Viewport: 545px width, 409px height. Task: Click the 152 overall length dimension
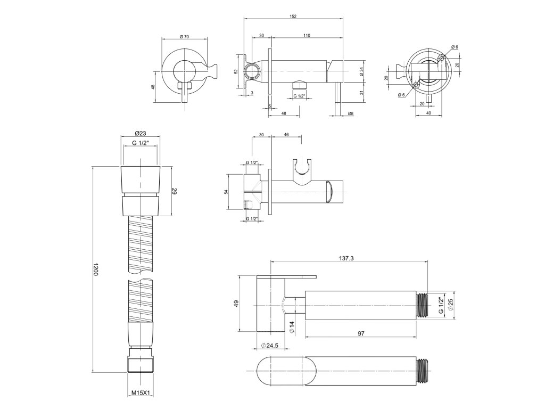point(293,17)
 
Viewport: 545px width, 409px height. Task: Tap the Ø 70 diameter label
point(184,37)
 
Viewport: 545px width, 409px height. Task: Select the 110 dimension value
point(307,35)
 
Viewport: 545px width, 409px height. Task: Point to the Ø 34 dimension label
point(361,72)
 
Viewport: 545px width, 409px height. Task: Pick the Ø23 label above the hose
point(140,133)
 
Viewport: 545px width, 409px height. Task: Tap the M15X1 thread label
point(140,393)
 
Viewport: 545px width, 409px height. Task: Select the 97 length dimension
point(361,333)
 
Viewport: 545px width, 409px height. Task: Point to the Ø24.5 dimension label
point(270,345)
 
